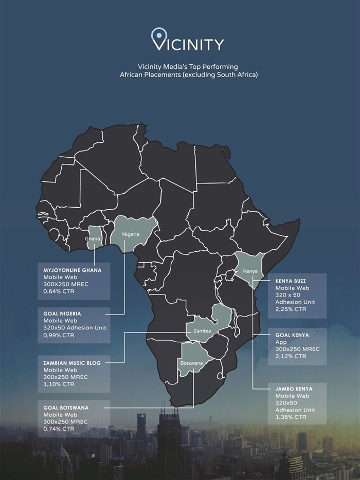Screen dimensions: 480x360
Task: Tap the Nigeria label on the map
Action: (x=131, y=234)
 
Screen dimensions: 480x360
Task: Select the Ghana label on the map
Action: (x=93, y=239)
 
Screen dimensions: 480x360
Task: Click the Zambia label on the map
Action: (x=202, y=331)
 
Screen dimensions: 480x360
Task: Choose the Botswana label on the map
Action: (x=191, y=363)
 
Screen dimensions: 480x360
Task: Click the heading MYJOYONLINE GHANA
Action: (x=73, y=269)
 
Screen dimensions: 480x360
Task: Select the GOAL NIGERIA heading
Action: (x=62, y=312)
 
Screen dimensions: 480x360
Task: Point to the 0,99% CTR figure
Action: (x=59, y=335)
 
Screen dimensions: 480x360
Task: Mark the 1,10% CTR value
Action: (x=59, y=384)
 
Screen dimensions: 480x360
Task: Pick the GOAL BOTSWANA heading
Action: (x=66, y=408)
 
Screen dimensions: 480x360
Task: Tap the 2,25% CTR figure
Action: (x=291, y=309)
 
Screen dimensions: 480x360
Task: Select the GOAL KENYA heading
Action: (x=292, y=335)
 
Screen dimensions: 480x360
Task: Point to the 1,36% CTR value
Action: (x=291, y=417)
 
